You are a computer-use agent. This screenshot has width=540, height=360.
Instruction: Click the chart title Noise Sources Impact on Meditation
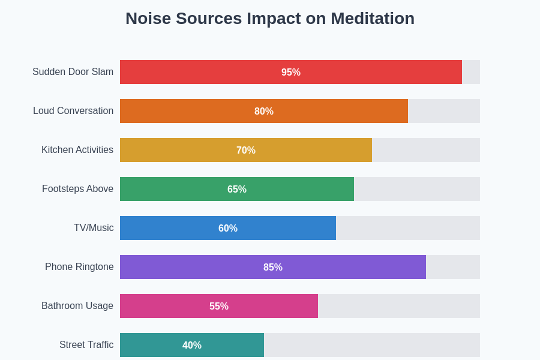pos(270,19)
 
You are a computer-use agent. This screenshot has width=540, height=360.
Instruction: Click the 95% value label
pos(291,73)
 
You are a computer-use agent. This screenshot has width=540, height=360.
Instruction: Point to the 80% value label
pos(264,112)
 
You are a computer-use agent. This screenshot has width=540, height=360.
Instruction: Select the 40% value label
pos(192,346)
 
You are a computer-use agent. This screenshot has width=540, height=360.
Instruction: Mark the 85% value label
pos(273,268)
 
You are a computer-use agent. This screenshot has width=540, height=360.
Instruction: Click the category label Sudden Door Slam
pos(73,72)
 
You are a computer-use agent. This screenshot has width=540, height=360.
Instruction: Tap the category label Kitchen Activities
pos(77,150)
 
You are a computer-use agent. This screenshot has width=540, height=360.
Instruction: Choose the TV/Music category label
pos(94,228)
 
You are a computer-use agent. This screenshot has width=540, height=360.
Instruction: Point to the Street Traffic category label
pos(86,345)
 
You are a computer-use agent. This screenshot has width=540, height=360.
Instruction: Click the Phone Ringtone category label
pos(79,267)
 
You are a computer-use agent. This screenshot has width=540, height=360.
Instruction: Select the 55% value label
pos(219,307)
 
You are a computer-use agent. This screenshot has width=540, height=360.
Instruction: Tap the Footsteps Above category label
pos(77,189)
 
